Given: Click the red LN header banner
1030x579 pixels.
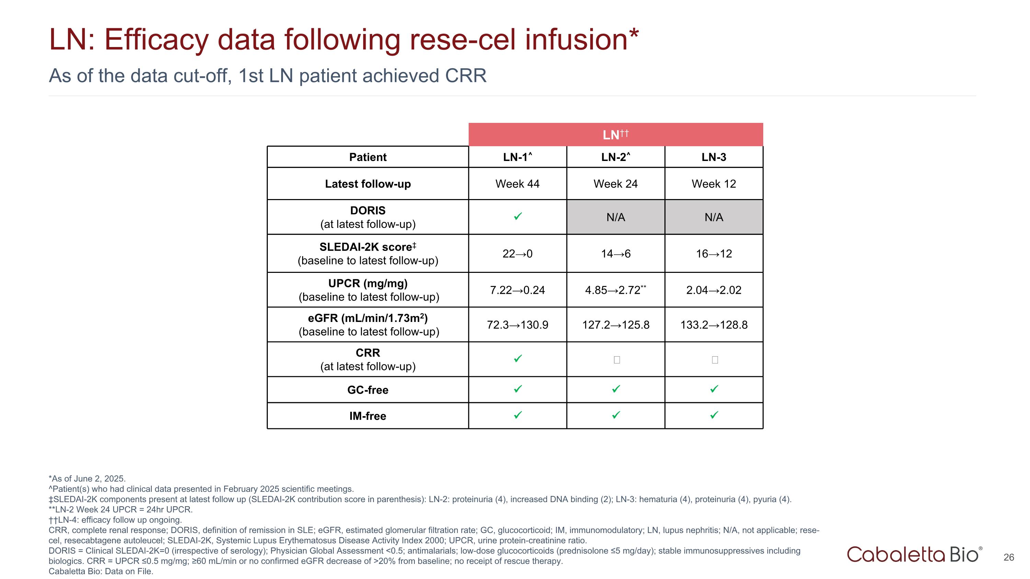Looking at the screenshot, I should coord(615,135).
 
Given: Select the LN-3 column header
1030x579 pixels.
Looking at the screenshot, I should coord(713,157).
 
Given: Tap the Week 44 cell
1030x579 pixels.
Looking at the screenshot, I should coord(517,184).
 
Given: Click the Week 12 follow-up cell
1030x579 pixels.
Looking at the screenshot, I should coord(713,184).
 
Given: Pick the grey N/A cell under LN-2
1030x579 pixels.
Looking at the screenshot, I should coord(615,217).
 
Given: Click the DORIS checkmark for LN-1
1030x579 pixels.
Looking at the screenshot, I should coord(517,217).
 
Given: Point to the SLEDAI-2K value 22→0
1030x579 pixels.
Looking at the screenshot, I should coord(517,254).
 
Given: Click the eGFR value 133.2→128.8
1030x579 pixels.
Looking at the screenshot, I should coord(713,325).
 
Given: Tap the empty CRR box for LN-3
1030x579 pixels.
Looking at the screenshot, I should coord(714,360).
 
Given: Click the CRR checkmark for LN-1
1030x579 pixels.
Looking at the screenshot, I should coord(517,359).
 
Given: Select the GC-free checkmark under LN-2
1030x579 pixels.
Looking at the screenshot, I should coord(616,389).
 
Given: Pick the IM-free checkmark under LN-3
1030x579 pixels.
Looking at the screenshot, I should coord(714,415).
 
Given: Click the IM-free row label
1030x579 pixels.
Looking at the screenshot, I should coord(367,416).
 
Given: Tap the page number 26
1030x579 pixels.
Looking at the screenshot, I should coord(1008,557).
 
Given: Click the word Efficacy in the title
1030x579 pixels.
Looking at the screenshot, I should coord(156,39).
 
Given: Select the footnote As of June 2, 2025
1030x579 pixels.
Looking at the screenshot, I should coord(87,479).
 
